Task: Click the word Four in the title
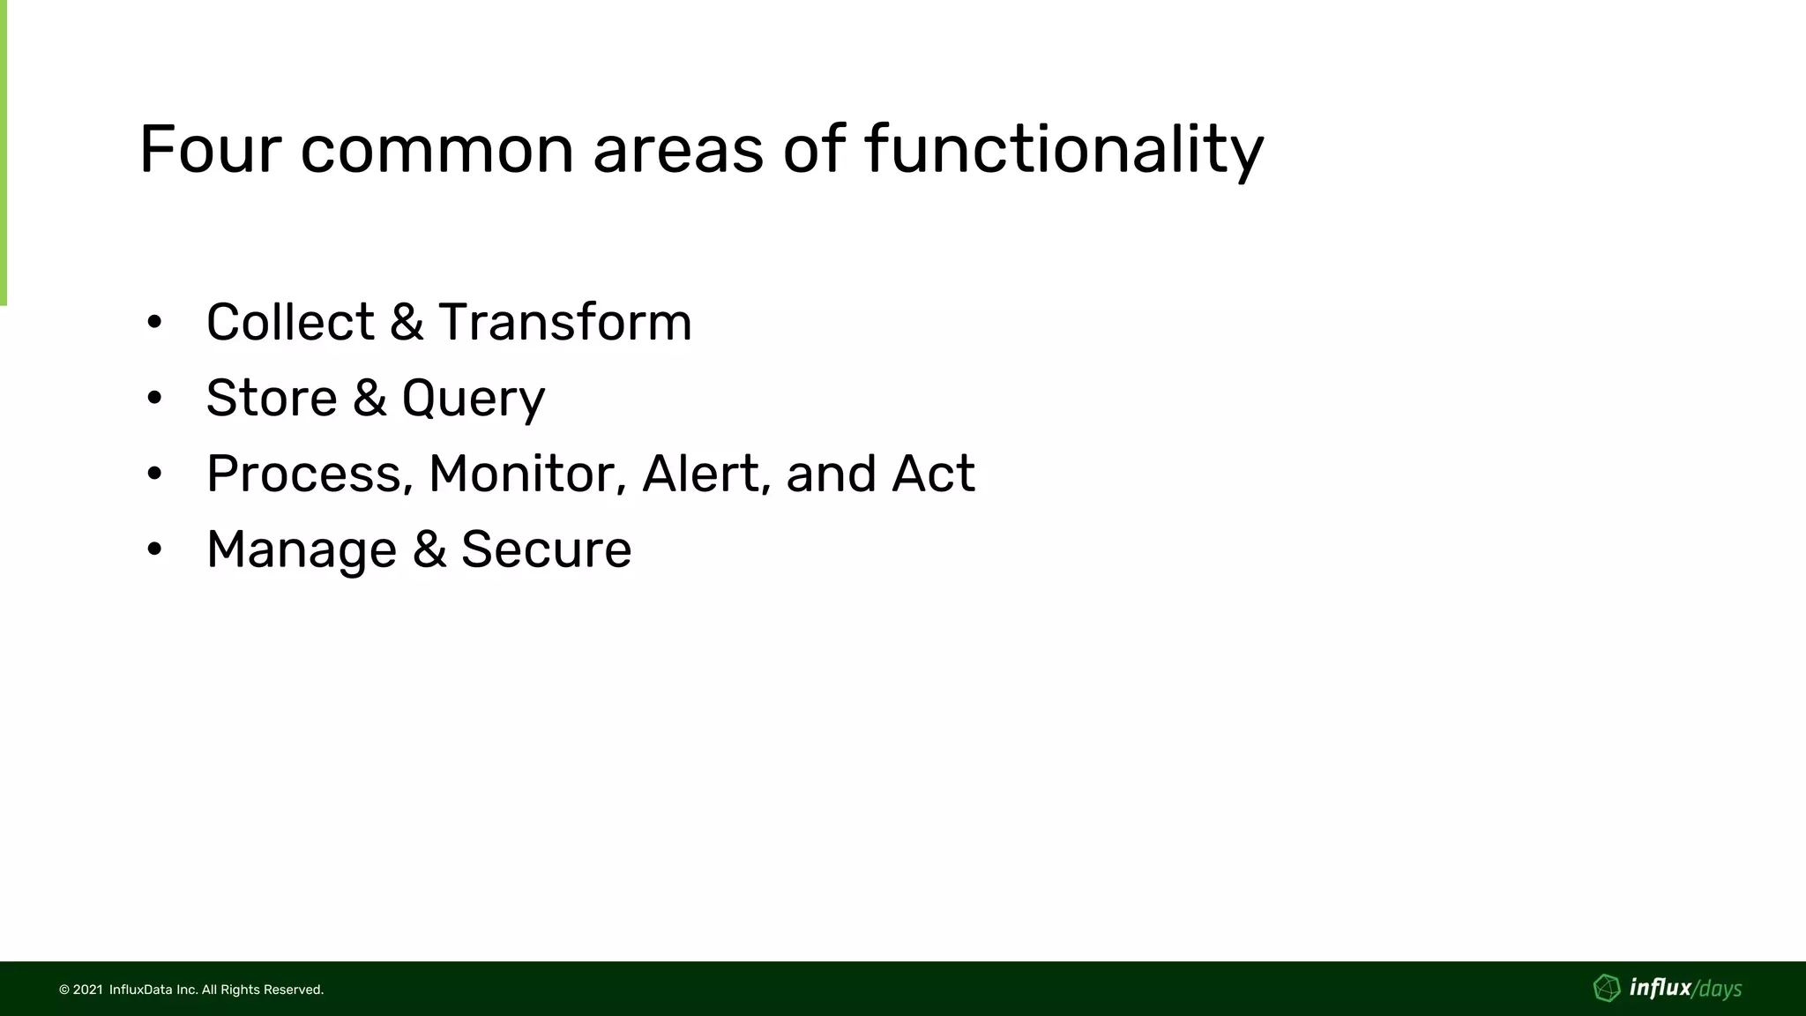tap(209, 150)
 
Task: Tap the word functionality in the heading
tap(1064, 150)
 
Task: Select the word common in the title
tap(437, 150)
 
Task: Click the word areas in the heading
tap(677, 150)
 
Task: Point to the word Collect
tap(290, 322)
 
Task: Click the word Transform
tap(565, 322)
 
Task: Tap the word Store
tap(271, 398)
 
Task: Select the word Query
tap(473, 400)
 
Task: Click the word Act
tap(932, 474)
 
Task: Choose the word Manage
tap(302, 550)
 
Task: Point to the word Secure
tap(546, 549)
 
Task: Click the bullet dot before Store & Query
tap(154, 399)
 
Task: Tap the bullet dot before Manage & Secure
tap(154, 550)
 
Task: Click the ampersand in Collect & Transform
tap(406, 322)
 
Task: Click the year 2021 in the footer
tap(87, 990)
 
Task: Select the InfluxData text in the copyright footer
tap(140, 990)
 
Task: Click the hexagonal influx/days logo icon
tap(1607, 988)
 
